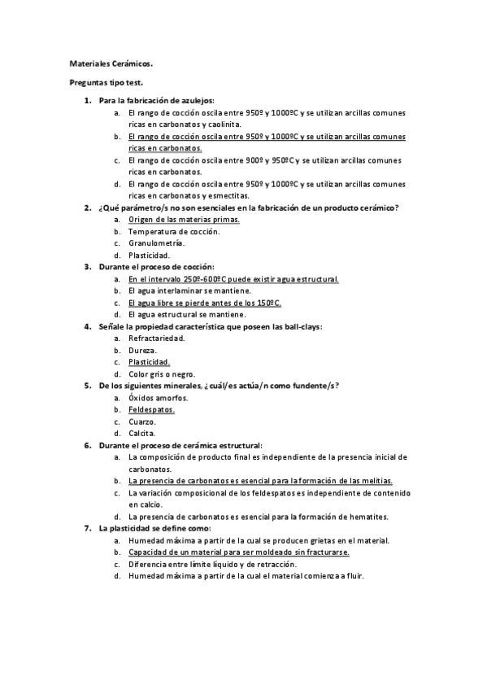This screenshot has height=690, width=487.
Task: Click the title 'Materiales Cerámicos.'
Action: [x=110, y=62]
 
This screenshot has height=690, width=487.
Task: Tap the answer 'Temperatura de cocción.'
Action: [x=174, y=231]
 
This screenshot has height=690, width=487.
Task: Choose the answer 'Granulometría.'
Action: [x=156, y=242]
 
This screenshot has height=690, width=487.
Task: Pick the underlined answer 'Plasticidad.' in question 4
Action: [x=150, y=362]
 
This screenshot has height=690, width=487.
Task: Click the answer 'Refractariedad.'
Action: [x=157, y=338]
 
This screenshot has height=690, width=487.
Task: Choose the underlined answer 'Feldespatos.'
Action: [x=151, y=410]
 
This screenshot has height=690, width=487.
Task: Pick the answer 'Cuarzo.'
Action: [x=142, y=421]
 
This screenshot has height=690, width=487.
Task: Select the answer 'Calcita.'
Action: [x=142, y=434]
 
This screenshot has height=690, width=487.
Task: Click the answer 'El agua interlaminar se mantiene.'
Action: [x=189, y=290]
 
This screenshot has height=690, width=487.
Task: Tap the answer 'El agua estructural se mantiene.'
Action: [x=187, y=314]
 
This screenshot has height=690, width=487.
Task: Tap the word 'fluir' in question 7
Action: [x=354, y=576]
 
